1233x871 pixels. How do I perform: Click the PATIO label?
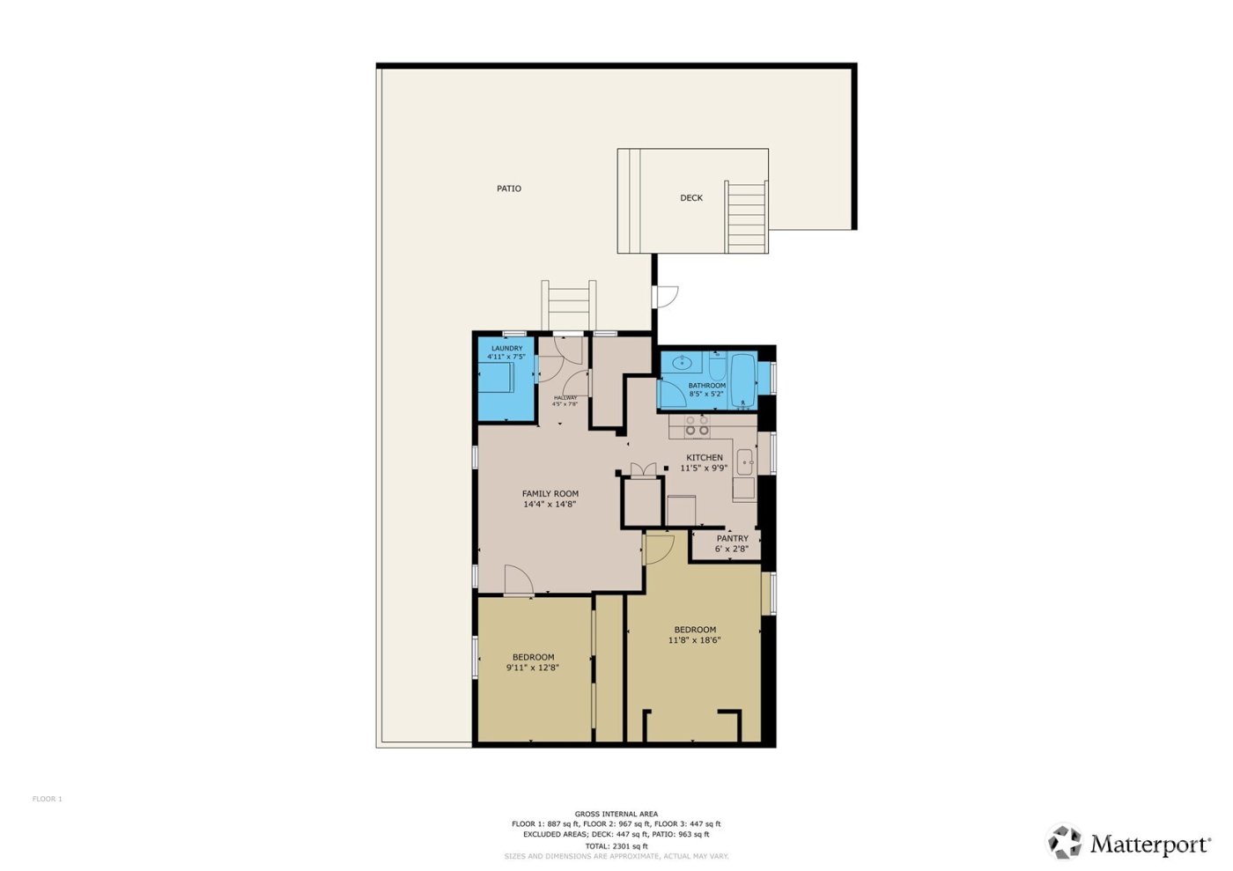[x=508, y=188]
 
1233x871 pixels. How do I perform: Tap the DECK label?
[x=690, y=198]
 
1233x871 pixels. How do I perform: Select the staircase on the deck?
[x=746, y=217]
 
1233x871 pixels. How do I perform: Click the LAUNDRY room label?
[x=506, y=349]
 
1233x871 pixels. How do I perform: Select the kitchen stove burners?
[x=698, y=426]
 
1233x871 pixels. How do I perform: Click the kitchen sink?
[x=745, y=461]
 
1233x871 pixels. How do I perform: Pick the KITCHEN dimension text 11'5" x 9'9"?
[x=704, y=469]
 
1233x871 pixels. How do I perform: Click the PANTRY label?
[x=732, y=538]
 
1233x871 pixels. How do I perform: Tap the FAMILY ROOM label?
[x=550, y=494]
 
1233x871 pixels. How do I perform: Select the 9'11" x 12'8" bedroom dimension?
[x=532, y=668]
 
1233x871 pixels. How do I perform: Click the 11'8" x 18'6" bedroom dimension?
[x=694, y=640]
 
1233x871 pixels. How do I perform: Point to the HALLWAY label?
[x=565, y=398]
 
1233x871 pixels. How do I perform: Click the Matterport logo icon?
[x=1064, y=842]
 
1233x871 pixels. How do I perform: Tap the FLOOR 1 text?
[x=48, y=800]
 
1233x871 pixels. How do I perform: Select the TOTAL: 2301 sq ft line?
[x=616, y=845]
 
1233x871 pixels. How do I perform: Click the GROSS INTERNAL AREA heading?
[x=616, y=814]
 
